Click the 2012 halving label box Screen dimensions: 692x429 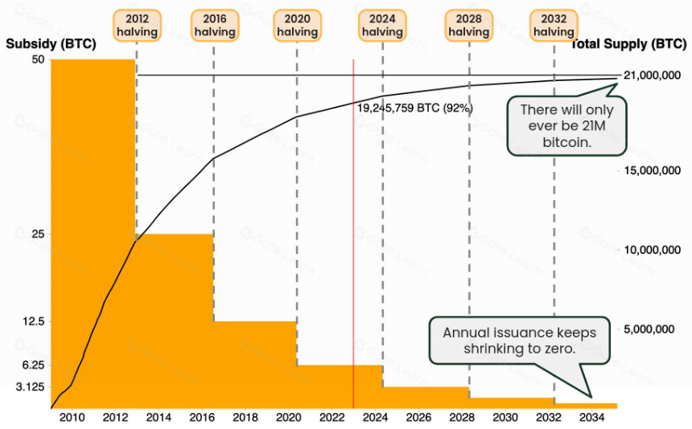coord(137,26)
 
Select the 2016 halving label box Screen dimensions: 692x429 coord(215,26)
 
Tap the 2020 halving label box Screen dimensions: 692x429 coord(298,26)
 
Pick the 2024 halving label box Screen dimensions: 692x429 coord(382,26)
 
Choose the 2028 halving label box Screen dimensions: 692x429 coord(468,26)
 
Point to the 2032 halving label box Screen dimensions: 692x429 coord(554,26)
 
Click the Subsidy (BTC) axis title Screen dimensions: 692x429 coord(51,44)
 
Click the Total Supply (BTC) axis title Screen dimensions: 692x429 coord(629,44)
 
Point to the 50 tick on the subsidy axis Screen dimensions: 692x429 coord(39,59)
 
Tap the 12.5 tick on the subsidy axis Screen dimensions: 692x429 coord(34,321)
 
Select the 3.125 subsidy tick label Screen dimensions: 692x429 coord(31,387)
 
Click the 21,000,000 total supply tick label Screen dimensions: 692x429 coord(652,76)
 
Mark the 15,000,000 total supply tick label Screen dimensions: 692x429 coord(652,170)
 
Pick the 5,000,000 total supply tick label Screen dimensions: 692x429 coord(649,329)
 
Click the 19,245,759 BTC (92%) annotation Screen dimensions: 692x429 coord(415,108)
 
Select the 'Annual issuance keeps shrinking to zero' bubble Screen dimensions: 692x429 coord(520,341)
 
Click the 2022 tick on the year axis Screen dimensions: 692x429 coord(332,418)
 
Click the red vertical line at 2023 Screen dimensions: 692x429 coord(353,234)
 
